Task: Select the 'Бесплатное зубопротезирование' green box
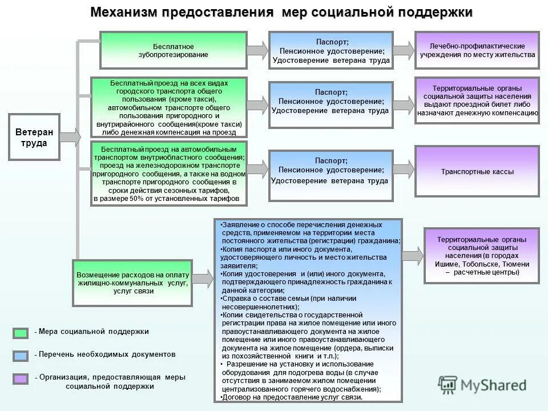pos(174,50)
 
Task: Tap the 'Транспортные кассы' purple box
pos(477,171)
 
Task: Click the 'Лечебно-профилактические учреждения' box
pos(477,50)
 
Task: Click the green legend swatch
pos(21,332)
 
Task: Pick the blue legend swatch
pos(21,355)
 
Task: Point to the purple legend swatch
pos(21,378)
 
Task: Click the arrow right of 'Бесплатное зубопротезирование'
pos(258,50)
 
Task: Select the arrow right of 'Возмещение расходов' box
pos(203,278)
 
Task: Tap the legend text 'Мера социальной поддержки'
pos(94,332)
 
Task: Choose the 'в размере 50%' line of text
pos(170,199)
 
